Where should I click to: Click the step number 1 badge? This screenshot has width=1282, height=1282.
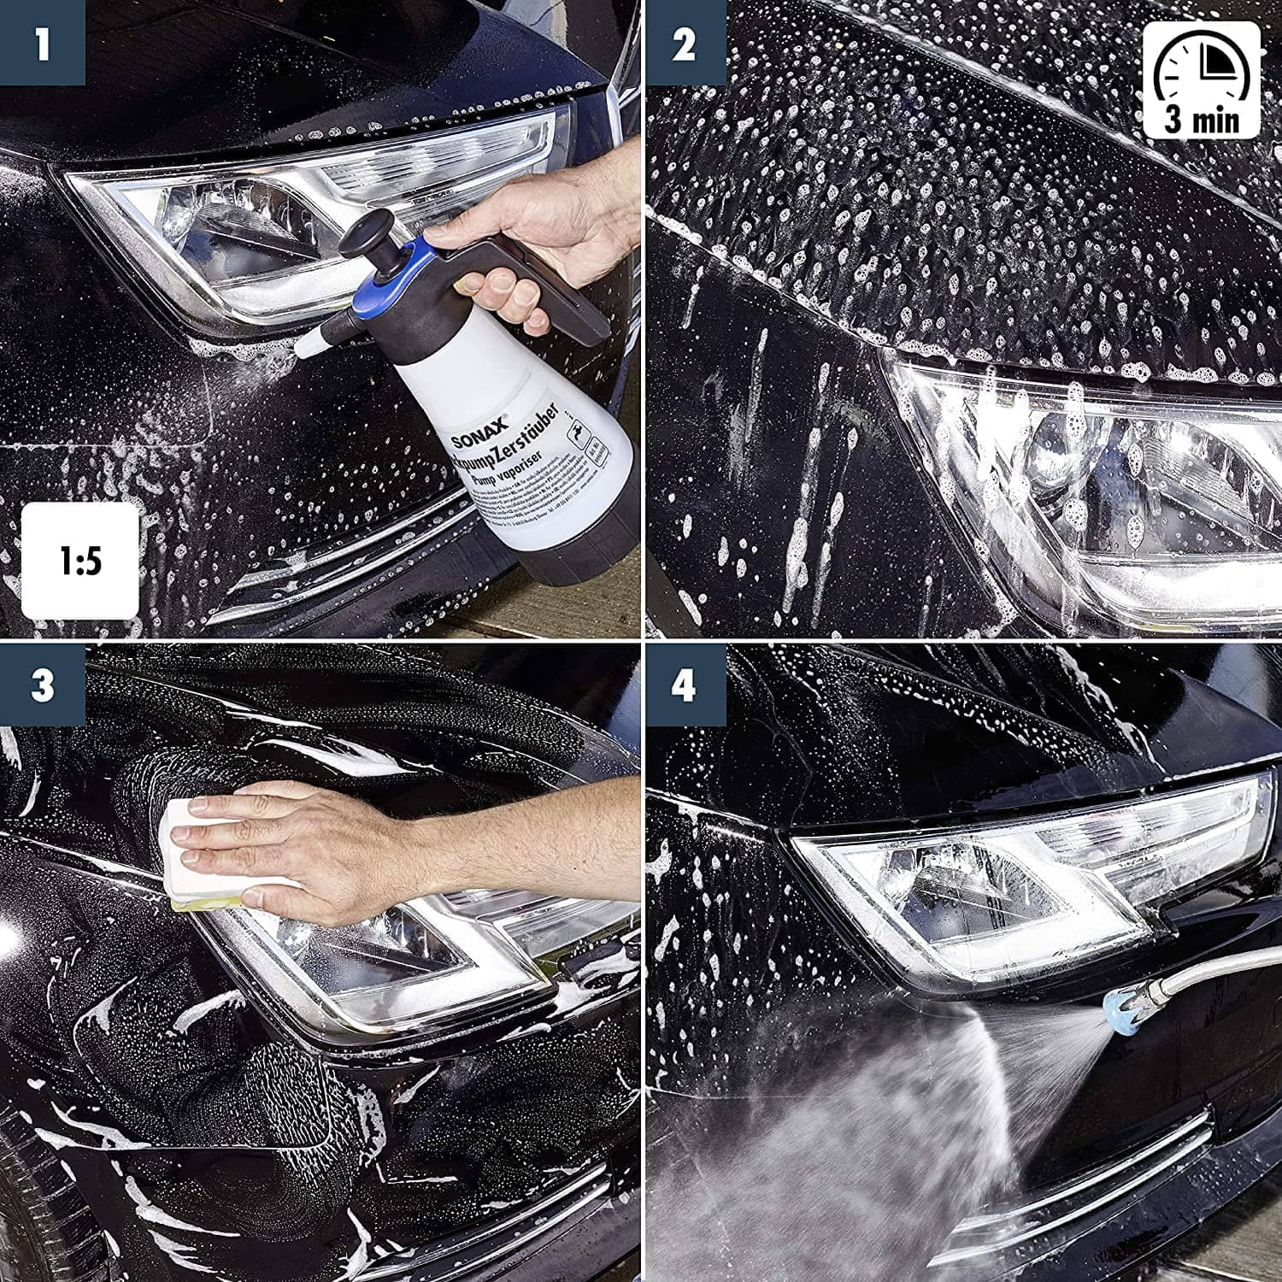[x=43, y=43]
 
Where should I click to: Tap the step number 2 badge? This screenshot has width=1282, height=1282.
[x=684, y=43]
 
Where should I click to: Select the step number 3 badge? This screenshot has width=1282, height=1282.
[x=43, y=686]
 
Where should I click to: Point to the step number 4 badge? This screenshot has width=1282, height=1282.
[x=684, y=686]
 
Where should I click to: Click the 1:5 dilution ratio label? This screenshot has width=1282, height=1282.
[x=80, y=561]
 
